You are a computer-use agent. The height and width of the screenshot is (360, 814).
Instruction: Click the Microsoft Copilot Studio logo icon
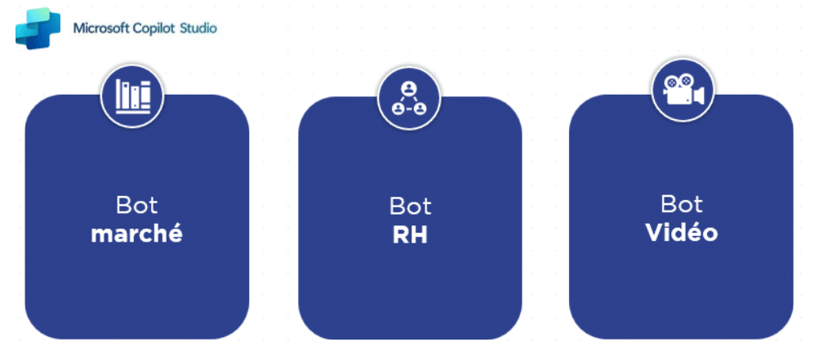coord(38,28)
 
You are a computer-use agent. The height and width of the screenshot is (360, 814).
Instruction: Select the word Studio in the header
coord(200,29)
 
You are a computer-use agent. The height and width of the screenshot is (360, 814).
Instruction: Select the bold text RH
coord(409,234)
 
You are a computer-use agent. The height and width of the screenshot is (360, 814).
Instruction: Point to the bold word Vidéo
coord(681,232)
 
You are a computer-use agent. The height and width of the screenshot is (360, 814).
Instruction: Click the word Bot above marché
coord(136,206)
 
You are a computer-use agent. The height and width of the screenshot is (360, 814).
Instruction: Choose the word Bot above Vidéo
coord(681,203)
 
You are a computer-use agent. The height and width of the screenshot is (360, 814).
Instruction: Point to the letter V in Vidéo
coord(653,232)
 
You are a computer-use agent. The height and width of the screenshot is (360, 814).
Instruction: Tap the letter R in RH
coord(399,234)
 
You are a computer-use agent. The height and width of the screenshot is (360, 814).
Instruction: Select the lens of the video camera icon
coord(699,96)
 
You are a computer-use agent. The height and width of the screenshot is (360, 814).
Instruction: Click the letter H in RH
coord(419,234)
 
